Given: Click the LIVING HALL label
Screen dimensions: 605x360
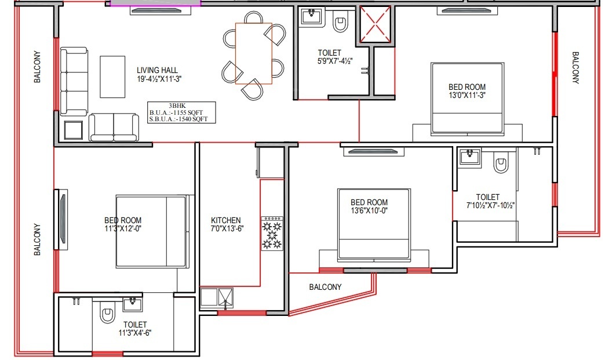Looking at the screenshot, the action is point(158,70).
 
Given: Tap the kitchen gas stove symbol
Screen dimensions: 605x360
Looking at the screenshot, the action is point(272,234).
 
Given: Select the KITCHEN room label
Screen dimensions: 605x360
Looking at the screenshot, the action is point(226,220).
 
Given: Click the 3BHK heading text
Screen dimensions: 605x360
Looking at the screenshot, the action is point(177,106).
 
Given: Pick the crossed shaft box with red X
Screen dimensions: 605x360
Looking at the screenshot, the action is point(375,24).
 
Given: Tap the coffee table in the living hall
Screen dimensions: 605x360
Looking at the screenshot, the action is point(112,77).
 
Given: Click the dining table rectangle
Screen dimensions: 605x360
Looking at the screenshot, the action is point(253,53).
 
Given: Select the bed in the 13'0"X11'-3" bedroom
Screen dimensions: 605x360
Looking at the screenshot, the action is point(468,99).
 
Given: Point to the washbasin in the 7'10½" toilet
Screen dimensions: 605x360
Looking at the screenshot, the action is point(469,158).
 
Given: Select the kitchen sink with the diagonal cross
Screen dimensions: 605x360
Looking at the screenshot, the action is point(225,297).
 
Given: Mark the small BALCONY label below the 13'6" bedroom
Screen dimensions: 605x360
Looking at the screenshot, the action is point(325,287).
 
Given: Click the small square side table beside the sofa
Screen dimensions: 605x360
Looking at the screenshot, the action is point(74,130).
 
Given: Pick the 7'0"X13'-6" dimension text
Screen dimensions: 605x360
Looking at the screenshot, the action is point(227,228).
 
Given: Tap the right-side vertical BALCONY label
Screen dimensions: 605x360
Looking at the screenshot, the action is point(575,67).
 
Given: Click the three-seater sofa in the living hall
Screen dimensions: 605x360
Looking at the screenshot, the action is point(74,81).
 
